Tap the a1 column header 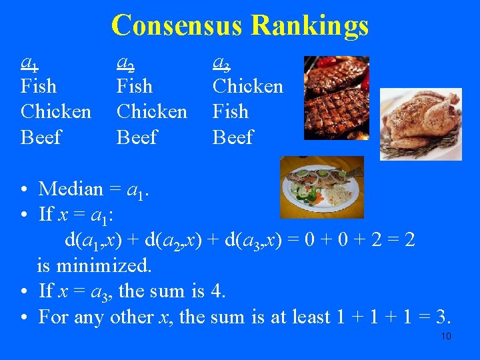click(x=29, y=63)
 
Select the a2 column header click(x=125, y=63)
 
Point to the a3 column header click(x=221, y=63)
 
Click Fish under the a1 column click(x=39, y=87)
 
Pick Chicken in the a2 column click(x=151, y=111)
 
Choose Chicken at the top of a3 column click(x=247, y=87)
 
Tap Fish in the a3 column click(x=230, y=111)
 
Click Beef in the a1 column click(x=41, y=137)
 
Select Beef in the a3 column click(x=233, y=137)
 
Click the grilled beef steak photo click(x=336, y=97)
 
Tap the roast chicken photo click(x=421, y=124)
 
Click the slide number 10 click(x=446, y=336)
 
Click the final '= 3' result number click(x=445, y=317)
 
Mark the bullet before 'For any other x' click(x=23, y=317)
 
